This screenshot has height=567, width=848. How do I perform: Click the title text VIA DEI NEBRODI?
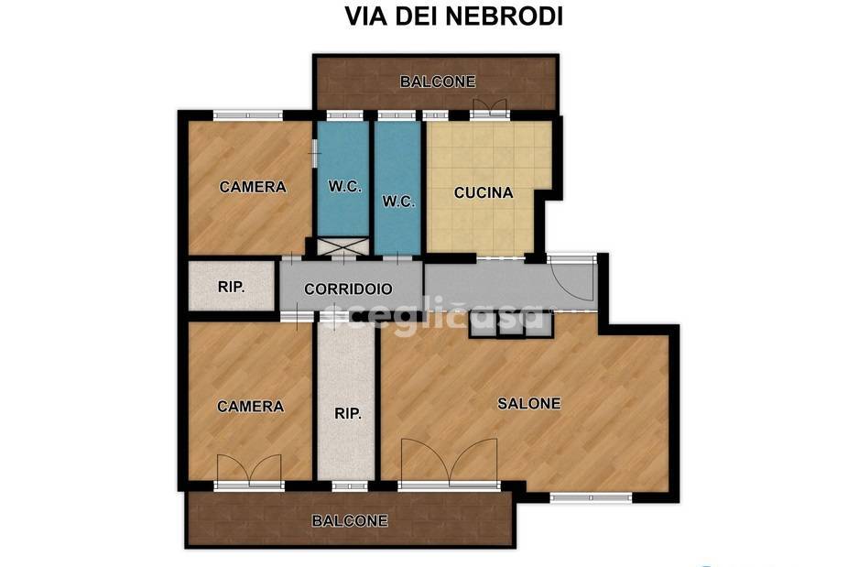[452, 16]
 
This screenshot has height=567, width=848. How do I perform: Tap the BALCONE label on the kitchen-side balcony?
[438, 82]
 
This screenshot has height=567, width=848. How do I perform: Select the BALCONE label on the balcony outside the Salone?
[350, 520]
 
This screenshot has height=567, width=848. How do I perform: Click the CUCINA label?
[484, 193]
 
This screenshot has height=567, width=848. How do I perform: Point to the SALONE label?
[528, 403]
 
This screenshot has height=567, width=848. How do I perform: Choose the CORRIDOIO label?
[348, 289]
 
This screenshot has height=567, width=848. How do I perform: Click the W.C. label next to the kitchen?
[397, 201]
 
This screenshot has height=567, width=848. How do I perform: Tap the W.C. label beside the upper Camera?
[343, 187]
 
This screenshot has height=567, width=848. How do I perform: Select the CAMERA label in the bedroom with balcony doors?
[250, 406]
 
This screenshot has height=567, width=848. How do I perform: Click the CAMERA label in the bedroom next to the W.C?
[253, 187]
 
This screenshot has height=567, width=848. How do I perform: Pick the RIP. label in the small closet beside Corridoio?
[231, 287]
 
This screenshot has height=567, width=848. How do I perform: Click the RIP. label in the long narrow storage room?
[347, 414]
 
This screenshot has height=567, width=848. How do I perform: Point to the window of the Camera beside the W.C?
[247, 115]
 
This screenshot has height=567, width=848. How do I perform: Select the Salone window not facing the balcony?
[591, 497]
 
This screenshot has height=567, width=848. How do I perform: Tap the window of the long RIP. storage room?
[348, 485]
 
